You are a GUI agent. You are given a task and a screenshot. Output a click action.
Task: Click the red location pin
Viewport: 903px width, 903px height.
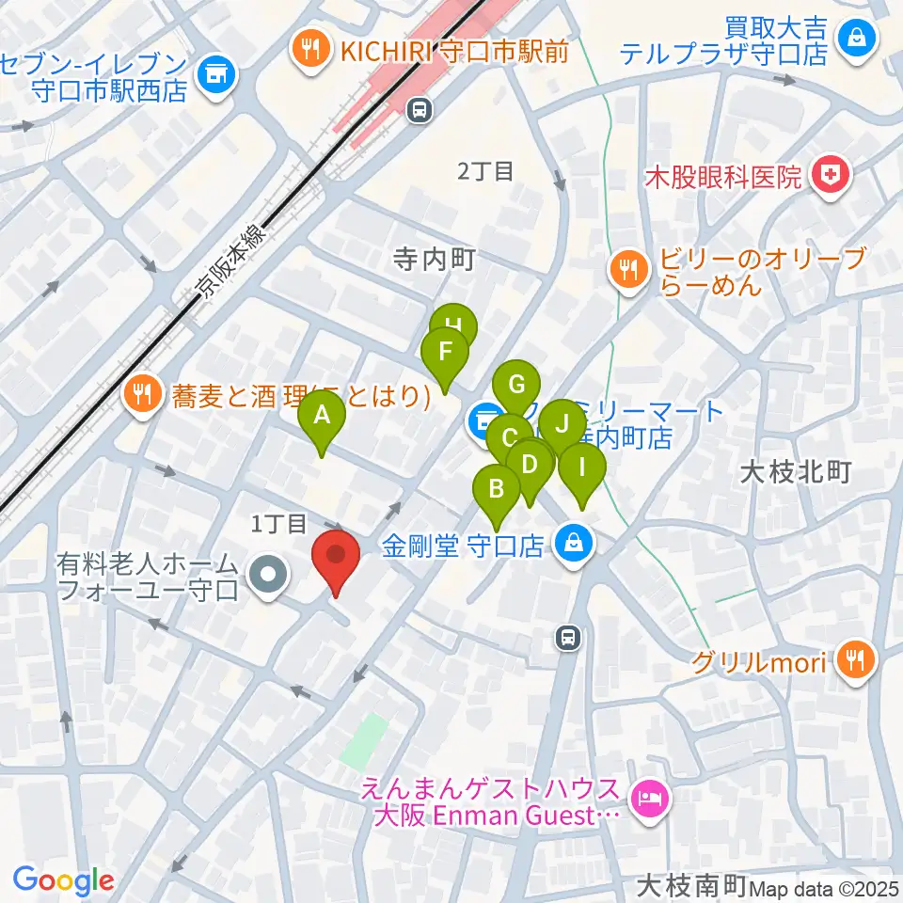(x=336, y=556)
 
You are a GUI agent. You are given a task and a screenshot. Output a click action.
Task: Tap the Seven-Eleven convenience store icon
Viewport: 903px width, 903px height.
(x=216, y=71)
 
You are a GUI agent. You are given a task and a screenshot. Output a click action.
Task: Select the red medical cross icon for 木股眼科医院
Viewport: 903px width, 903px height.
(x=831, y=174)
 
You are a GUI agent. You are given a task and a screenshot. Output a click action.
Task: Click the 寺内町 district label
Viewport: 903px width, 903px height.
(x=435, y=258)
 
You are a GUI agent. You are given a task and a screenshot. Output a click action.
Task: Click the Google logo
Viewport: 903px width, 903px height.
(x=63, y=881)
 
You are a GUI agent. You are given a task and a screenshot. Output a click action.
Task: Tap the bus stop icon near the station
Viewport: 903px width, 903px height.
(x=420, y=112)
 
